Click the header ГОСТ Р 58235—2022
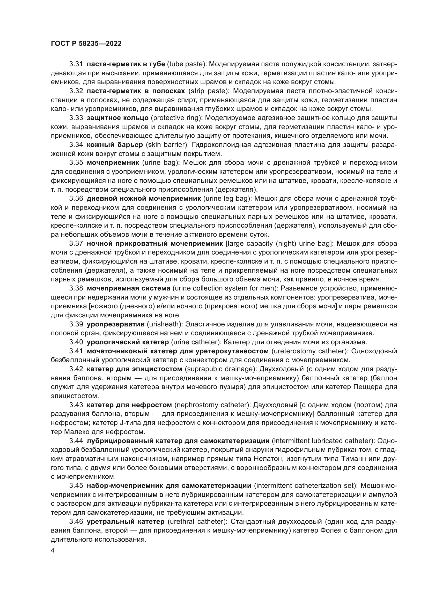[86, 44]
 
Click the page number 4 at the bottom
[53, 550]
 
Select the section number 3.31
[76, 64]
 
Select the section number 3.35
[76, 163]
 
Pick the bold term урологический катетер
[128, 342]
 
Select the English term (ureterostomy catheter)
[309, 351]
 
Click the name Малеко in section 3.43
[77, 432]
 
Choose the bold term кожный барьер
[115, 145]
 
